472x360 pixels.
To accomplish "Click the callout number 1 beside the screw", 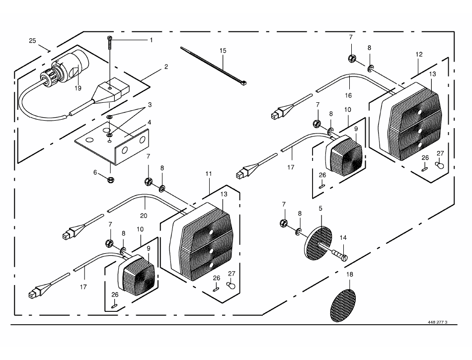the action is pyautogui.click(x=152, y=40).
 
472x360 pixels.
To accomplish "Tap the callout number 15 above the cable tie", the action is pyautogui.click(x=223, y=51).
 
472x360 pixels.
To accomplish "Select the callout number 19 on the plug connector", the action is pyautogui.click(x=78, y=88).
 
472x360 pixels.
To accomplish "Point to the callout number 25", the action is pyautogui.click(x=32, y=41).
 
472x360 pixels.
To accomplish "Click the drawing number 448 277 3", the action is pyautogui.click(x=437, y=322).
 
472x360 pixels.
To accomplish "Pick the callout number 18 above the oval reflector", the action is pyautogui.click(x=349, y=274).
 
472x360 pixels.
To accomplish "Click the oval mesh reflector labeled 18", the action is pyautogui.click(x=343, y=305).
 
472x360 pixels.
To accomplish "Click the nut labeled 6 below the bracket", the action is pyautogui.click(x=110, y=180).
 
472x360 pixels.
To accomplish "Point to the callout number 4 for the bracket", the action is pyautogui.click(x=150, y=123).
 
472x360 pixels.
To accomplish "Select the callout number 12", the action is pyautogui.click(x=419, y=55).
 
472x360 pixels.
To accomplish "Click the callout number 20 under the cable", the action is pyautogui.click(x=144, y=216).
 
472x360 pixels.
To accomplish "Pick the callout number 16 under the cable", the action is pyautogui.click(x=348, y=95).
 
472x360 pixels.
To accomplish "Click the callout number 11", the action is pyautogui.click(x=209, y=173).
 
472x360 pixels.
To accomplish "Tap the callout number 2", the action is pyautogui.click(x=166, y=67).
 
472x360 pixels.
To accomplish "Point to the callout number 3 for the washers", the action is pyautogui.click(x=150, y=105).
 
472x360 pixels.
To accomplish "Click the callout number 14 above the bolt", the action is pyautogui.click(x=343, y=237).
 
